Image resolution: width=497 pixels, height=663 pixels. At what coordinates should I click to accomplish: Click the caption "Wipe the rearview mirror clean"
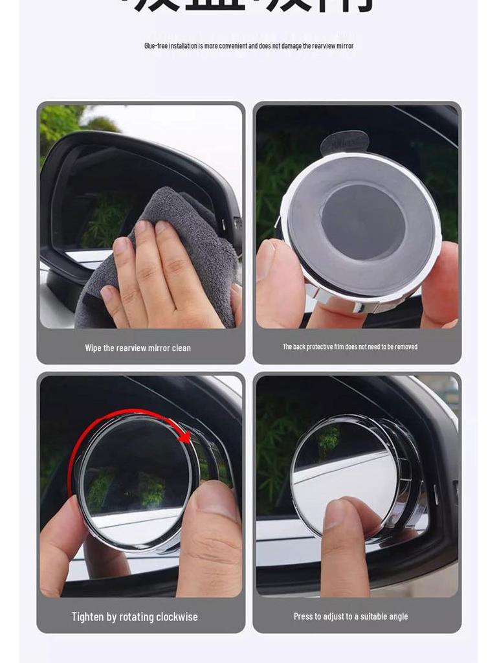(x=138, y=348)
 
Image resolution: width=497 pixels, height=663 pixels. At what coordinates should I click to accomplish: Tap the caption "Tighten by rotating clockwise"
(x=135, y=616)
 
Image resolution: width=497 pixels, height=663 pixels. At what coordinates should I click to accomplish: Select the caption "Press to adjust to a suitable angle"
(x=351, y=616)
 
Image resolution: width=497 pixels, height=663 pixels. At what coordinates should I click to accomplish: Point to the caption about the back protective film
(x=350, y=347)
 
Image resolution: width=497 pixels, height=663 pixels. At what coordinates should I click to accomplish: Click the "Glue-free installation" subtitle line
(x=248, y=45)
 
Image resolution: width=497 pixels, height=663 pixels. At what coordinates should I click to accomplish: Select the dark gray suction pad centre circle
(x=363, y=221)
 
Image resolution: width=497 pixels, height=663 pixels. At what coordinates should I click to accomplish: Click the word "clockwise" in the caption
(x=176, y=616)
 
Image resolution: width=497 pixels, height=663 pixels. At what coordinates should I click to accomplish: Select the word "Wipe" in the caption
(x=93, y=348)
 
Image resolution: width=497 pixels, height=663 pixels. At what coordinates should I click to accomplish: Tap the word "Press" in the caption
(x=304, y=616)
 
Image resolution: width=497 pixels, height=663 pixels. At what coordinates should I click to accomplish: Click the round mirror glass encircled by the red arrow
(x=136, y=479)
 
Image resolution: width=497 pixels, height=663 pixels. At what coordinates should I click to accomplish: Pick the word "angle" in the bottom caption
(x=398, y=616)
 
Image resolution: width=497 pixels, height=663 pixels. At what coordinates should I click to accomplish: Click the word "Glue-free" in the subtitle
(x=157, y=45)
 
